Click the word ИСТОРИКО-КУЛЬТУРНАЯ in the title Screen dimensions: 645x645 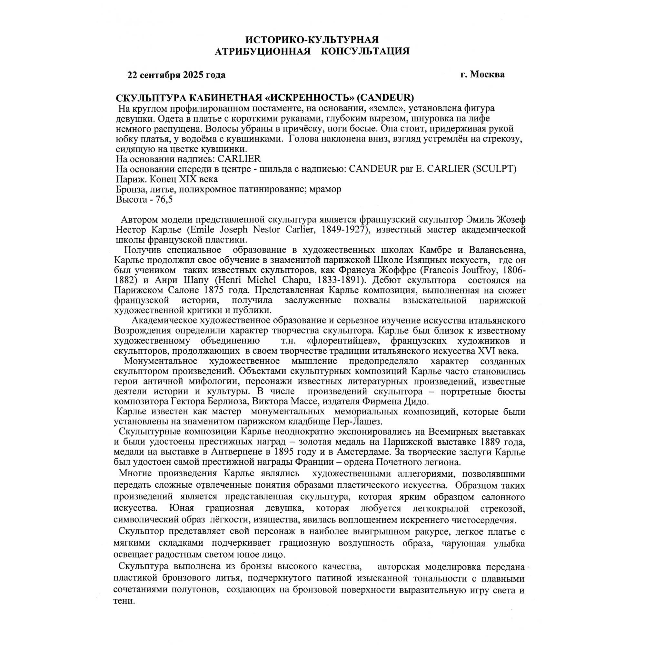(x=312, y=40)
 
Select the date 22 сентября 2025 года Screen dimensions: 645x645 (x=176, y=75)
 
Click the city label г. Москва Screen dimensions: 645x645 (x=482, y=74)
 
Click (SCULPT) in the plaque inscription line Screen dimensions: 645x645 (x=494, y=169)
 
